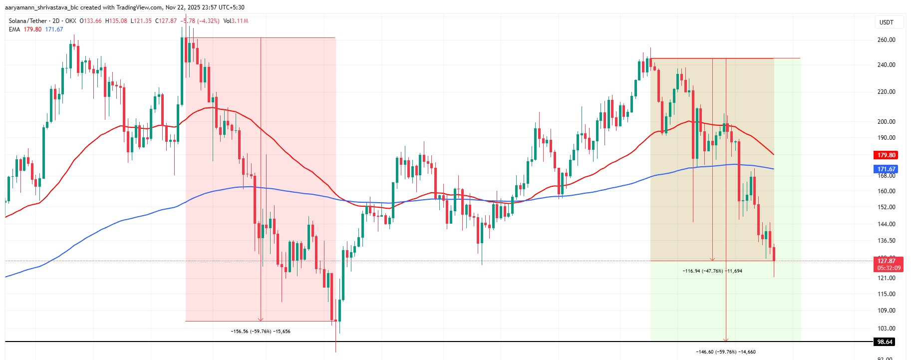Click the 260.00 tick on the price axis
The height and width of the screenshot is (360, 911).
(886, 40)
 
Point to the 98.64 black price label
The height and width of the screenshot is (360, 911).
(885, 342)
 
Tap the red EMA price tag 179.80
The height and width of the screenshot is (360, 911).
(886, 155)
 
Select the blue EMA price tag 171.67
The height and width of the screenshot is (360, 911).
(886, 169)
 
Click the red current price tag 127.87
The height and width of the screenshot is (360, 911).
(887, 261)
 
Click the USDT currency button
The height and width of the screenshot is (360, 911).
(886, 22)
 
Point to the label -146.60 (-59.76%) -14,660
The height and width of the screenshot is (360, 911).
(725, 352)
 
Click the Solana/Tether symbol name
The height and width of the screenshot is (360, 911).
(27, 21)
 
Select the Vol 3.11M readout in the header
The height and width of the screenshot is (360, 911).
(236, 21)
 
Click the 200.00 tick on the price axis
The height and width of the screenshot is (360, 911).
(886, 122)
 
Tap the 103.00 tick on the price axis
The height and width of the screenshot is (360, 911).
(886, 329)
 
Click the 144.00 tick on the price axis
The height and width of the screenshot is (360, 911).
(886, 224)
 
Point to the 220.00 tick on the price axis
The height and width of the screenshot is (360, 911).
(886, 92)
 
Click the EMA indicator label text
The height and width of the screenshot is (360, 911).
(14, 29)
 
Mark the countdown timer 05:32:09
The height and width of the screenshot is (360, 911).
(889, 268)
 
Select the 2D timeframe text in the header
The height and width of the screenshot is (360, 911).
(56, 21)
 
